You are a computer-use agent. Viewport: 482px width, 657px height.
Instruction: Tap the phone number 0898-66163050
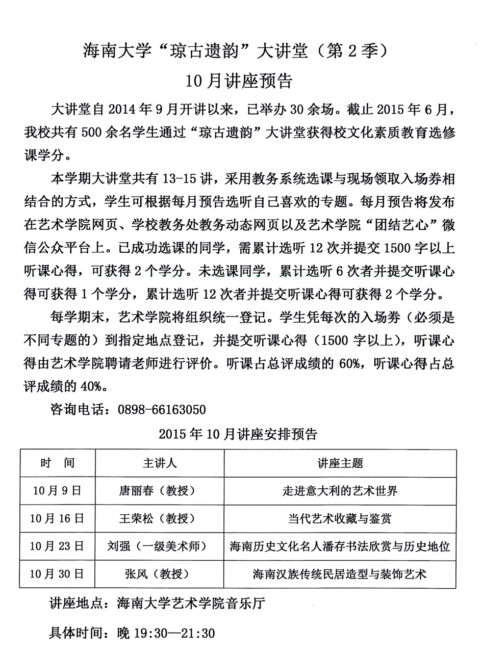(161, 410)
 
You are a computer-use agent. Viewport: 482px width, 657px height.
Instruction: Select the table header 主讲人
(160, 463)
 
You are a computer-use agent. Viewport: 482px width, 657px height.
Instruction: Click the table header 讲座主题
(340, 463)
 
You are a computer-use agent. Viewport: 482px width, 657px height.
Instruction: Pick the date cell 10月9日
(57, 490)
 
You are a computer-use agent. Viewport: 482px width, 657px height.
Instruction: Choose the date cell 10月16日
(57, 518)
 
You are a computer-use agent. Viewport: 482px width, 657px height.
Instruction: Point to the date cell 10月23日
(57, 546)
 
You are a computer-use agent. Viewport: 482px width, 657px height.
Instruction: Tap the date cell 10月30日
(57, 574)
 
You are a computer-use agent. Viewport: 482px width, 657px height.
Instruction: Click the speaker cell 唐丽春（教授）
(157, 490)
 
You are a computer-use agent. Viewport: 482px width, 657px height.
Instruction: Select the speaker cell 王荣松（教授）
(157, 518)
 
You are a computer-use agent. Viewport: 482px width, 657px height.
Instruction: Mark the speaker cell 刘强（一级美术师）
(157, 546)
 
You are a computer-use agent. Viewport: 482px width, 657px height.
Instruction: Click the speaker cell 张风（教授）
(157, 574)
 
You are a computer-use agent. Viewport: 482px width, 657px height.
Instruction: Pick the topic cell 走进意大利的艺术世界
(340, 490)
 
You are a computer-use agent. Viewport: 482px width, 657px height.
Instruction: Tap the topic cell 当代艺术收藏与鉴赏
(340, 518)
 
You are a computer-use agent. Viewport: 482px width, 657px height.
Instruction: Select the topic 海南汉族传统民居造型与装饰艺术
(340, 574)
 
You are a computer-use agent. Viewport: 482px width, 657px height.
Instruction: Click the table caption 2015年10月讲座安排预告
(238, 434)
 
